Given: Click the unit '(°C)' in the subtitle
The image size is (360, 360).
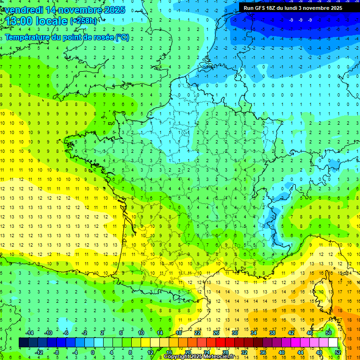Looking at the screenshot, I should click(x=122, y=37).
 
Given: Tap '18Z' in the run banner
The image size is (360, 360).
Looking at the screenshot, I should click(x=275, y=8).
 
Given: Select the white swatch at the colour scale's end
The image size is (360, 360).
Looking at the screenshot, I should click(x=333, y=343).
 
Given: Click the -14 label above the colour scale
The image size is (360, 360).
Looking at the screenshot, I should click(x=29, y=333).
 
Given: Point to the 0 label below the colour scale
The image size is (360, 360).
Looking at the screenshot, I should click(x=93, y=352).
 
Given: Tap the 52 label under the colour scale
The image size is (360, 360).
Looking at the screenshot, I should click(x=337, y=352).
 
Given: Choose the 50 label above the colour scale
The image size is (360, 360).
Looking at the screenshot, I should click(x=328, y=333).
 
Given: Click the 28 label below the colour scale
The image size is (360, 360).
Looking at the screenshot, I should click(x=225, y=352).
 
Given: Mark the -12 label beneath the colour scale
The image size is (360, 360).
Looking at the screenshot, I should click(x=39, y=352).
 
